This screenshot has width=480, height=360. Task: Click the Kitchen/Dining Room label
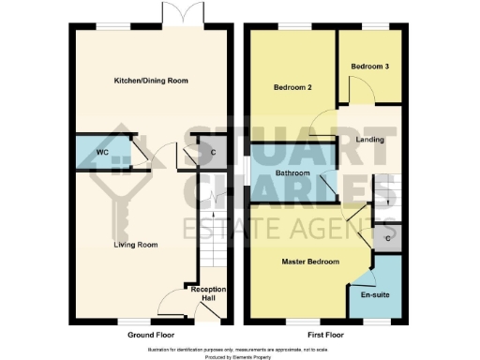click(144, 82)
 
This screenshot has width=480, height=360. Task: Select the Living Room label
click(135, 246)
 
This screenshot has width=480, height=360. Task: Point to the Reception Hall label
click(208, 293)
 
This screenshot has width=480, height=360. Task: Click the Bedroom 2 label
click(292, 87)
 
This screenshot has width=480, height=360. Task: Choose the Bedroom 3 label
click(368, 67)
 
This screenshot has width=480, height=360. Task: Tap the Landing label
click(371, 140)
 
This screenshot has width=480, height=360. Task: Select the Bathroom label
click(292, 172)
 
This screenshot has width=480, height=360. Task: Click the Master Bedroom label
click(310, 262)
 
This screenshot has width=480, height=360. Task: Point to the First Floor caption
click(323, 334)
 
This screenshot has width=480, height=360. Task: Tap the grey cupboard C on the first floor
click(388, 238)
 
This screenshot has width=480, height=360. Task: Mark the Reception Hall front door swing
click(172, 303)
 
